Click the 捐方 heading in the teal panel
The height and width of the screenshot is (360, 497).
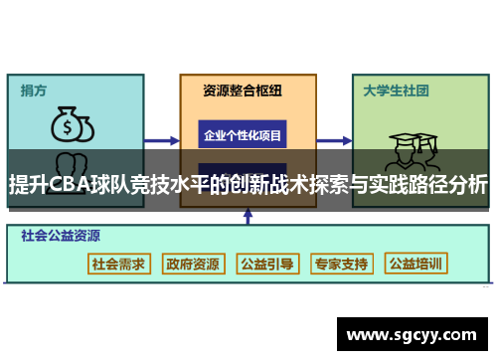(x=35, y=90)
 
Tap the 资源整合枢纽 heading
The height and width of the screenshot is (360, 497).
(x=243, y=90)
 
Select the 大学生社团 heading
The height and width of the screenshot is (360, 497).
(x=396, y=90)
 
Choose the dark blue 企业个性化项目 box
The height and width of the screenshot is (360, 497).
(x=244, y=134)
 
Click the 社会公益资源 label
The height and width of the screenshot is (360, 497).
(x=61, y=237)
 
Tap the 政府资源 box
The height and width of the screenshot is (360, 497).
(x=193, y=264)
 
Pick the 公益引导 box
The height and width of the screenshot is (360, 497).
(x=266, y=264)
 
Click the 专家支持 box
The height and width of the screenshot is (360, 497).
(x=341, y=264)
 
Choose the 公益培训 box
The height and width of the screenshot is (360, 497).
(x=415, y=264)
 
